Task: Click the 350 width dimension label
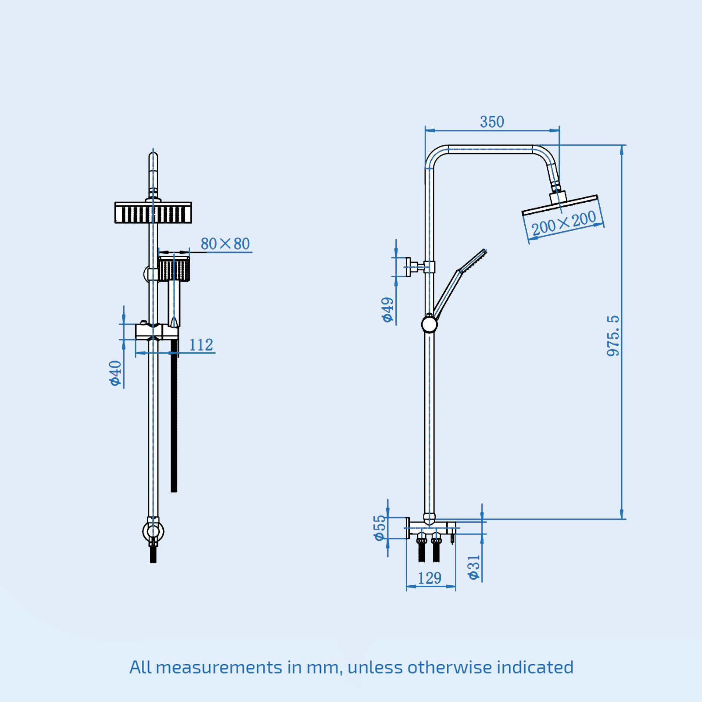click(492, 122)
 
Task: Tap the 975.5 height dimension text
click(613, 336)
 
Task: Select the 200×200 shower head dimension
click(563, 223)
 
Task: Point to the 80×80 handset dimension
click(225, 244)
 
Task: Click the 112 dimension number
click(201, 345)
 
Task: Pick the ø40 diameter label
click(115, 373)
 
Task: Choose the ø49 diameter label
click(388, 309)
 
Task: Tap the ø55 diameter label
click(380, 528)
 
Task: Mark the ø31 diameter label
click(474, 567)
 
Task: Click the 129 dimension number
click(429, 578)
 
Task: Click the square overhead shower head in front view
click(153, 213)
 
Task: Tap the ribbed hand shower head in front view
click(174, 269)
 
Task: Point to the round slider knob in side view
click(429, 325)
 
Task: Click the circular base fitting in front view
click(153, 532)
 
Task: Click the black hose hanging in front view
click(174, 417)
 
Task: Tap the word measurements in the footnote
click(219, 667)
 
